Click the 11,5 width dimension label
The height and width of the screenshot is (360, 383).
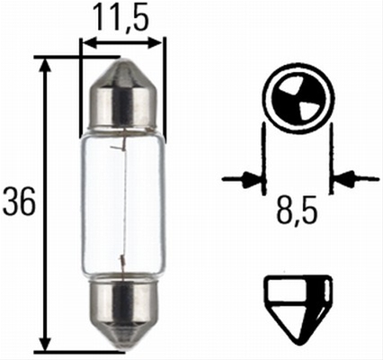click(x=120, y=17)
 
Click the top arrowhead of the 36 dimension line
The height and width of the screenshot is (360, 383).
click(x=45, y=66)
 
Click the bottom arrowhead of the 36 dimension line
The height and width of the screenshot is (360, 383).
click(x=45, y=341)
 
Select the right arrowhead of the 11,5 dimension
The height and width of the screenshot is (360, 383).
click(x=155, y=43)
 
